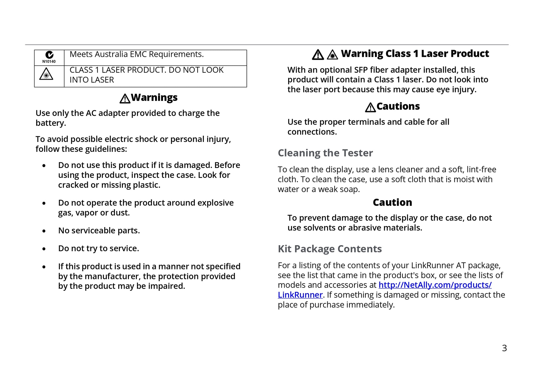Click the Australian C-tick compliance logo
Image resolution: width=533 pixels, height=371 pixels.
49,55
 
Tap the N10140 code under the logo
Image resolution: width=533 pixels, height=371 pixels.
49,62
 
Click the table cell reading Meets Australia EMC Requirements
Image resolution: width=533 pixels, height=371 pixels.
136,54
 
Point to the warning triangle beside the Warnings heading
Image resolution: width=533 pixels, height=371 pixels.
125,99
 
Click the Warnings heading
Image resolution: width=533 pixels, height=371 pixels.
154,98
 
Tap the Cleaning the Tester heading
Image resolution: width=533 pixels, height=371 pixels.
325,153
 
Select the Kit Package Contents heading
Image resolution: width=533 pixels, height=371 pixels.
329,249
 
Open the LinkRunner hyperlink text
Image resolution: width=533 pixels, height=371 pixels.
300,295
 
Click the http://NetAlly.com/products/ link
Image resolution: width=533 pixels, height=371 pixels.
435,285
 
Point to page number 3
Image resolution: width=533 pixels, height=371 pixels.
504,348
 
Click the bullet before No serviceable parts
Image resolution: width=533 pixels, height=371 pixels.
44,231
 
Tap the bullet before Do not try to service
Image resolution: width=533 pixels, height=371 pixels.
44,249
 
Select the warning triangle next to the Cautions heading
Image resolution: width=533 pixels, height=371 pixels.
370,108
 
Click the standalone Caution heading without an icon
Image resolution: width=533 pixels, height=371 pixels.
392,202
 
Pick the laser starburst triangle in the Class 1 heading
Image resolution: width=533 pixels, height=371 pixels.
332,55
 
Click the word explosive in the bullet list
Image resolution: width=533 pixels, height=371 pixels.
215,203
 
